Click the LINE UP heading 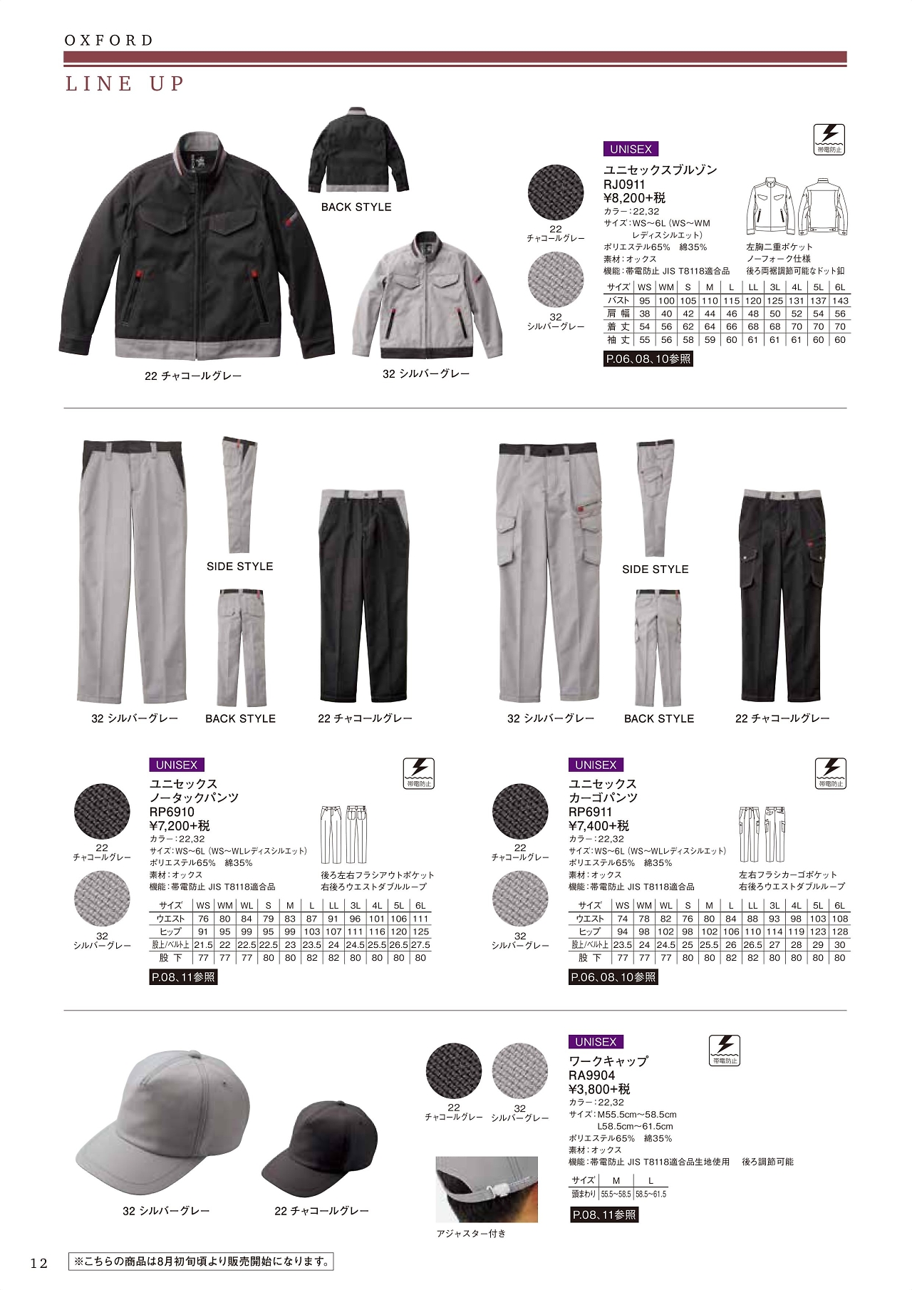125,84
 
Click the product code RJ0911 624,185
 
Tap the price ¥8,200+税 634,198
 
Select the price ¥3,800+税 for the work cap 599,1089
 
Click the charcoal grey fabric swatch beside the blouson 555,193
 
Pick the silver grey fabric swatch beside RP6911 520,899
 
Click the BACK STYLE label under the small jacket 356,207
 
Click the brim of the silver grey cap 114,1172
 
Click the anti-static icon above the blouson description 829,138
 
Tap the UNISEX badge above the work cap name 596,1042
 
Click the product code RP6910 172,812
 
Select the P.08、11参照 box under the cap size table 604,1214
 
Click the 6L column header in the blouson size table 839,287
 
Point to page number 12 38,1264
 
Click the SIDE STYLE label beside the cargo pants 655,569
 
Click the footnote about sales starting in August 201,1261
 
